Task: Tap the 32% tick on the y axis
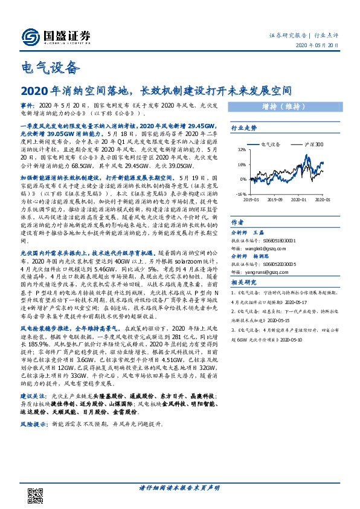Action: pos(242,151)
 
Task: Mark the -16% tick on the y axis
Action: pos(240,193)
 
